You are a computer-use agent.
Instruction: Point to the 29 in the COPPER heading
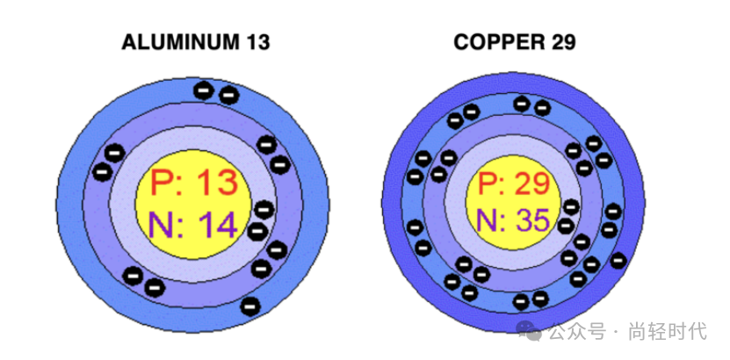560,41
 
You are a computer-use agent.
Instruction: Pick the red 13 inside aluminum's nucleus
215,184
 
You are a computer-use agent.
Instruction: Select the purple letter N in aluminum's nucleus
164,226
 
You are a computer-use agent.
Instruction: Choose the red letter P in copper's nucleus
490,184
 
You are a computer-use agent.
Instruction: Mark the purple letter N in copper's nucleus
490,220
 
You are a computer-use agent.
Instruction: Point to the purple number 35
531,220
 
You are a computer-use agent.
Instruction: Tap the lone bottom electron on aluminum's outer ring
250,306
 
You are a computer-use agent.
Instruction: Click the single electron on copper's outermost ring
619,259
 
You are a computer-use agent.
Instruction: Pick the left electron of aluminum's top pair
204,90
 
